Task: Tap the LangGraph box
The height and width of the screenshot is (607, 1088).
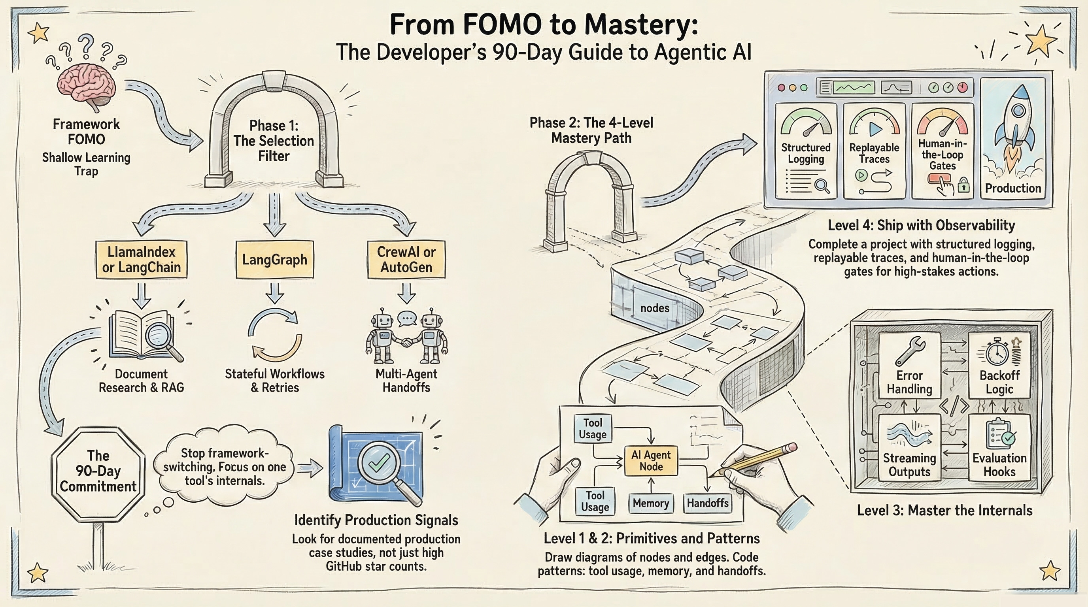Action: (x=274, y=260)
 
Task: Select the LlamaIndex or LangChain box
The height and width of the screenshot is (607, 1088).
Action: (x=141, y=260)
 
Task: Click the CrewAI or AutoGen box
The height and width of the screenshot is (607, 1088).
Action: (x=406, y=260)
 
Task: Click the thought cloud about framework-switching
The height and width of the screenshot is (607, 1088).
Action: (x=224, y=466)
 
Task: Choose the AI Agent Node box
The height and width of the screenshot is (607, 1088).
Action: (x=650, y=460)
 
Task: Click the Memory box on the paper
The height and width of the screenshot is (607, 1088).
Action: (x=650, y=503)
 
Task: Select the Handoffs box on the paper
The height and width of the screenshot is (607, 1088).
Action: (x=707, y=503)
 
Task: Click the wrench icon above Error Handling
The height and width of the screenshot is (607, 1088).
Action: (x=910, y=351)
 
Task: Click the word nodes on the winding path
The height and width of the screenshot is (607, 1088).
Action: (x=655, y=308)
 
